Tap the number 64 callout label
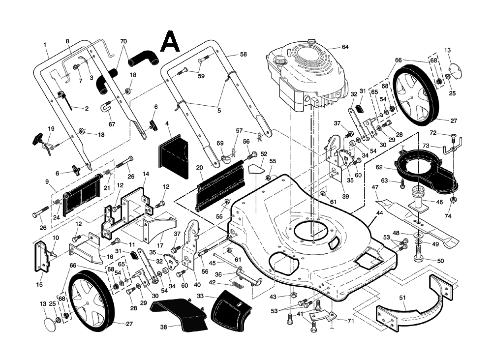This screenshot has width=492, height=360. pos(344,47)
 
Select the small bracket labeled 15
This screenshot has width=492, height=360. pos(42,257)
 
